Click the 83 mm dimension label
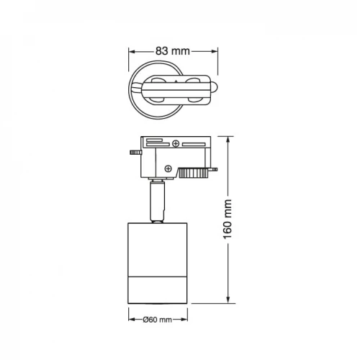click(x=173, y=51)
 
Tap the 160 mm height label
click(x=228, y=219)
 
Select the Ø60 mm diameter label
click(x=158, y=320)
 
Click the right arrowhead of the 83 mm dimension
click(x=215, y=51)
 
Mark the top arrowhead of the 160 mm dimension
click(x=228, y=140)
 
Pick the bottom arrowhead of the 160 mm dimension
click(x=228, y=300)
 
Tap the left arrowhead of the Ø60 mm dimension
click(x=131, y=320)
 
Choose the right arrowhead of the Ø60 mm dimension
click(x=184, y=320)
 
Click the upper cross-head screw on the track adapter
click(x=176, y=144)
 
